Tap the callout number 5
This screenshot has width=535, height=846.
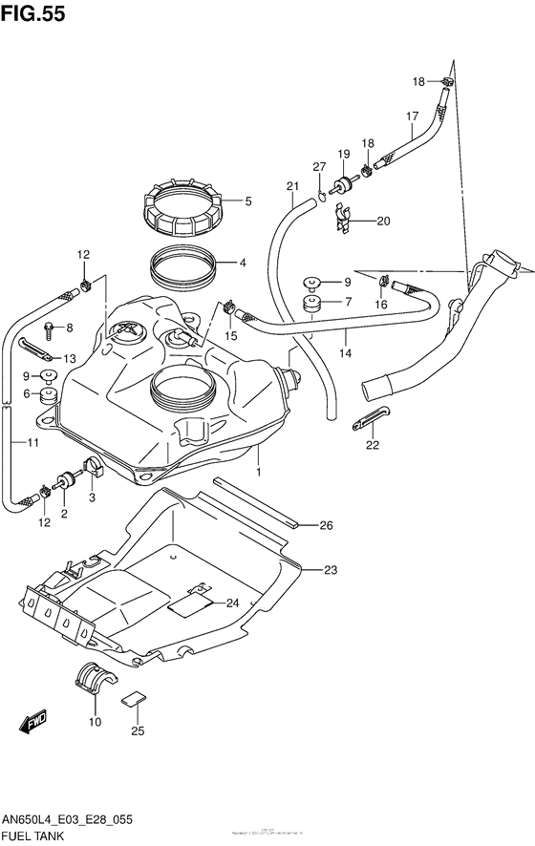coord(247,201)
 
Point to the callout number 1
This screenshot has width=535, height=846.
coord(257,473)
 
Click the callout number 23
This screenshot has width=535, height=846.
coord(331,570)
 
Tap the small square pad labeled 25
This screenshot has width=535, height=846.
coord(136,698)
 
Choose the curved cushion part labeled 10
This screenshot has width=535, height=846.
coord(94,676)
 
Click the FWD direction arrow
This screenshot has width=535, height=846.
coord(36,730)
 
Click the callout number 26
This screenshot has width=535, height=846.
coord(326,524)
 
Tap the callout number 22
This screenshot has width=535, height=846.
coord(372,444)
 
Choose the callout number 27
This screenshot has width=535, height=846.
coord(319,167)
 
